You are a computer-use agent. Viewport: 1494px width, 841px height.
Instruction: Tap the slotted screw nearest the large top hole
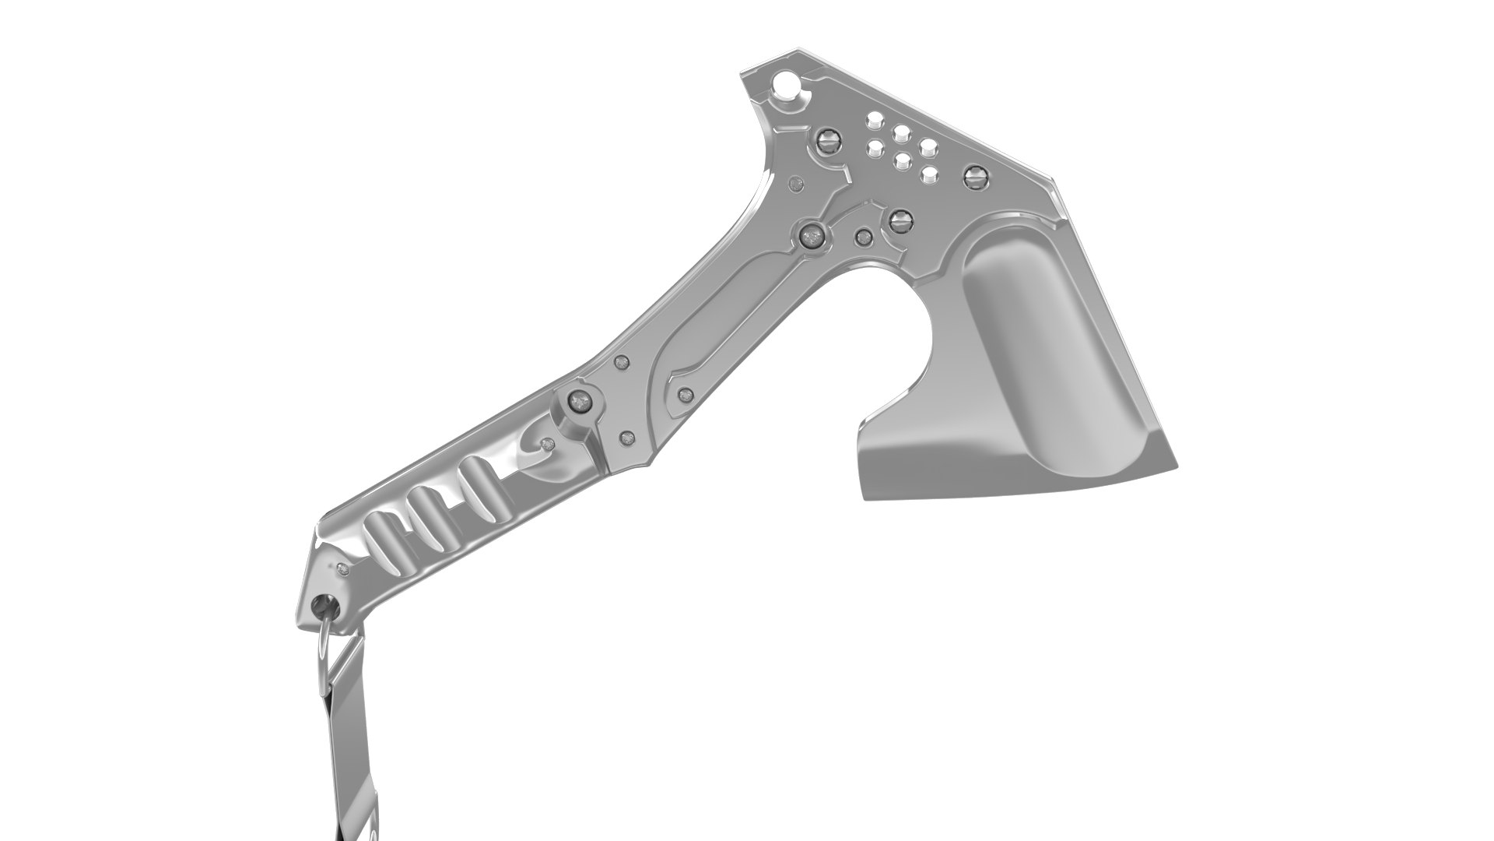pos(826,140)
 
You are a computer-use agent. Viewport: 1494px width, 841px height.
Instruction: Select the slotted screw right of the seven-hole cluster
pos(974,176)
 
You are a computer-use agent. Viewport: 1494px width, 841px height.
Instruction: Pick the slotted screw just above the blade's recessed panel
pos(901,221)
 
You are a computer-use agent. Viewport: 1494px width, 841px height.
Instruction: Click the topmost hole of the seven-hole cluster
pos(876,120)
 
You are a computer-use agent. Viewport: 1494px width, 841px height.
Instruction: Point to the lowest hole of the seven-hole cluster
pos(929,175)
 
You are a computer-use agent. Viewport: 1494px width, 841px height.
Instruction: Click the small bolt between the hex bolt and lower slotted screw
pos(863,238)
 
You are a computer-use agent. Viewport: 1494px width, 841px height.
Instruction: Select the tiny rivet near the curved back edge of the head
pos(794,185)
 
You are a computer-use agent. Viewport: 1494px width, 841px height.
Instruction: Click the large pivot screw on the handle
pos(579,403)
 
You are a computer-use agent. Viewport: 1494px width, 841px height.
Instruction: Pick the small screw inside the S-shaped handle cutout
pos(548,445)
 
